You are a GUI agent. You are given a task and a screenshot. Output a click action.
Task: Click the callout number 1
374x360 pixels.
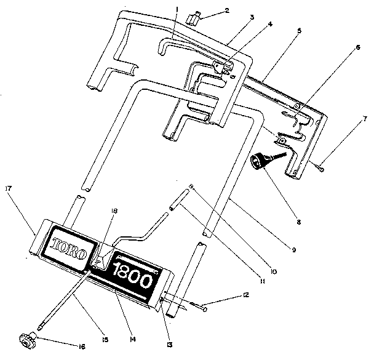pos(177,8)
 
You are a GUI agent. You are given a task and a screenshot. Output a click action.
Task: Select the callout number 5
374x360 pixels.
pos(298,30)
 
